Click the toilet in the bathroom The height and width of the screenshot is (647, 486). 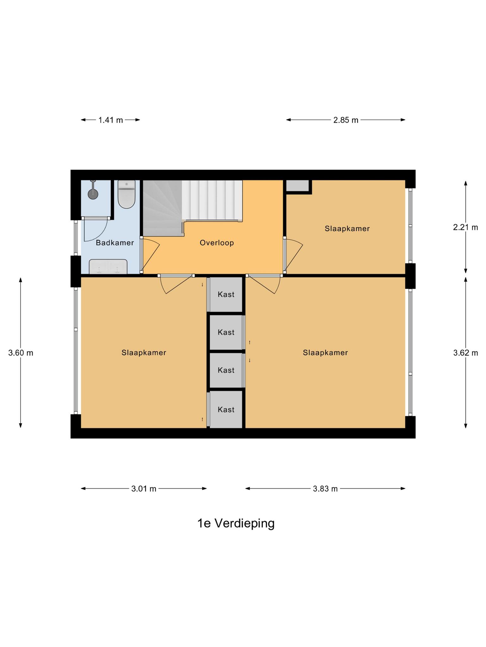click(x=127, y=195)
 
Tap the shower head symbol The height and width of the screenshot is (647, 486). click(x=93, y=193)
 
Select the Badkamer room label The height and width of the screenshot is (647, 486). click(x=115, y=243)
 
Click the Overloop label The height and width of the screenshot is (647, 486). click(x=217, y=243)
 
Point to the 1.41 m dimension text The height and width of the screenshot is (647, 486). click(x=110, y=120)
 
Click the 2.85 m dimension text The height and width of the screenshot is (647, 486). click(x=346, y=120)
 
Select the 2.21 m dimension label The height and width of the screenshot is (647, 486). click(x=465, y=227)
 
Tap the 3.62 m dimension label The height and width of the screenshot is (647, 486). click(x=465, y=353)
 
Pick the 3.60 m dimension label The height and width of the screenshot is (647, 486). click(x=21, y=353)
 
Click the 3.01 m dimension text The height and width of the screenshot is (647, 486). click(x=144, y=489)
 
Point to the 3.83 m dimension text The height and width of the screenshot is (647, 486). click(x=325, y=489)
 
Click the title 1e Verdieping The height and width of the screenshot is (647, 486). click(x=236, y=523)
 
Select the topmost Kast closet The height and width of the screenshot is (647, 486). click(x=226, y=294)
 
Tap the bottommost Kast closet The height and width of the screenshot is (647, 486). click(x=226, y=410)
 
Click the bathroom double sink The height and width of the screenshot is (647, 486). click(x=108, y=267)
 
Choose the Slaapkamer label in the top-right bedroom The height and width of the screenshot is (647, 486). click(x=347, y=229)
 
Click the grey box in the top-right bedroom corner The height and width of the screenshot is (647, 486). click(x=297, y=186)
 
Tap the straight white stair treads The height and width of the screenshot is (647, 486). click(x=212, y=200)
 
